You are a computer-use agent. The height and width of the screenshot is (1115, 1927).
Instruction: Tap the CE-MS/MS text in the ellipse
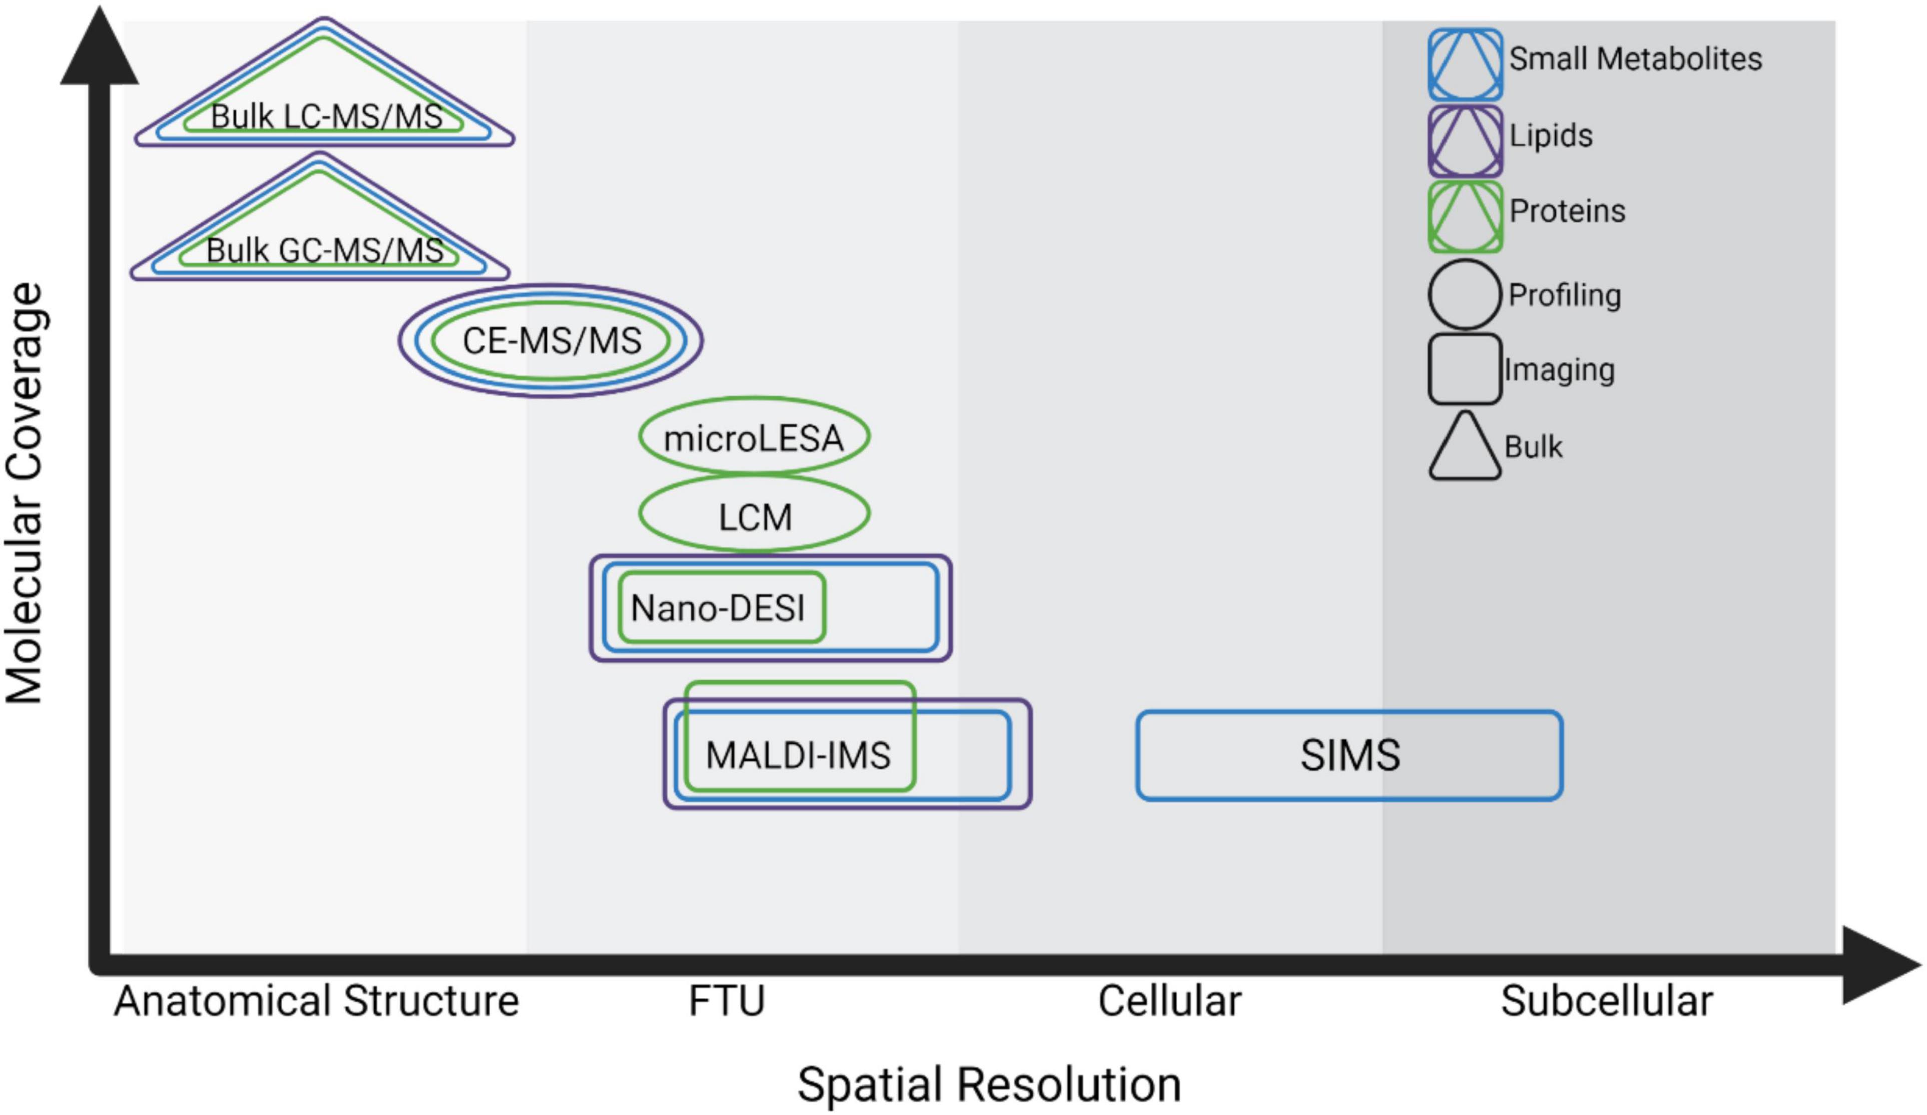(552, 341)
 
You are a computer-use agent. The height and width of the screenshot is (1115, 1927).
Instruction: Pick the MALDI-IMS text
(797, 756)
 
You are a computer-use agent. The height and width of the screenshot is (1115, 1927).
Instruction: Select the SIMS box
(1350, 756)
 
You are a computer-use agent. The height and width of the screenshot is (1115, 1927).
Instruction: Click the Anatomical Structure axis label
(316, 1001)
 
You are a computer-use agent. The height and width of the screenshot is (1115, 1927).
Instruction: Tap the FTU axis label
(726, 1001)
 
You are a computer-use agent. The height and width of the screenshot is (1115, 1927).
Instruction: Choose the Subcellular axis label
(1606, 1001)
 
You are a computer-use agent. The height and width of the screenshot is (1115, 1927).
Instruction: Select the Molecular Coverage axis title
(25, 493)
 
